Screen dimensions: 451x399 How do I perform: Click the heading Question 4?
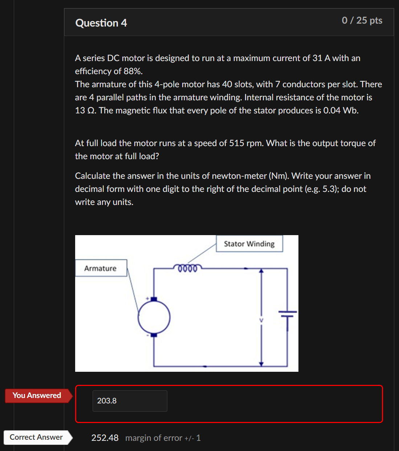(x=101, y=23)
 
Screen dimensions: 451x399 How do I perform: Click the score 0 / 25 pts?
(x=362, y=20)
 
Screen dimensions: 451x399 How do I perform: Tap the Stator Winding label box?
(x=249, y=244)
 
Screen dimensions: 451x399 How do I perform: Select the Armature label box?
(x=101, y=268)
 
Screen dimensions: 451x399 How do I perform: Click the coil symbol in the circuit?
(x=187, y=268)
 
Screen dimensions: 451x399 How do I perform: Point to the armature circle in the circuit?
(x=154, y=317)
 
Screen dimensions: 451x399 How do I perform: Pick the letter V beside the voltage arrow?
(x=261, y=320)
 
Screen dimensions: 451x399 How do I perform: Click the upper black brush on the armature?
(x=154, y=299)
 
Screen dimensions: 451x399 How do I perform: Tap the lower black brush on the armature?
(x=154, y=335)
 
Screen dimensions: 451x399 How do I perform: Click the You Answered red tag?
(x=37, y=395)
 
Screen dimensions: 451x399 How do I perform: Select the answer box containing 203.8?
(x=130, y=401)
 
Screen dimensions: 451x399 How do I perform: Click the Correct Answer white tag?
(x=36, y=437)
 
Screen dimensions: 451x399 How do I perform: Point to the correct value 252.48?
(x=105, y=438)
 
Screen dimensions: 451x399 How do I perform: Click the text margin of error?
(x=154, y=438)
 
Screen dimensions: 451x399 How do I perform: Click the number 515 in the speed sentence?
(x=236, y=143)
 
